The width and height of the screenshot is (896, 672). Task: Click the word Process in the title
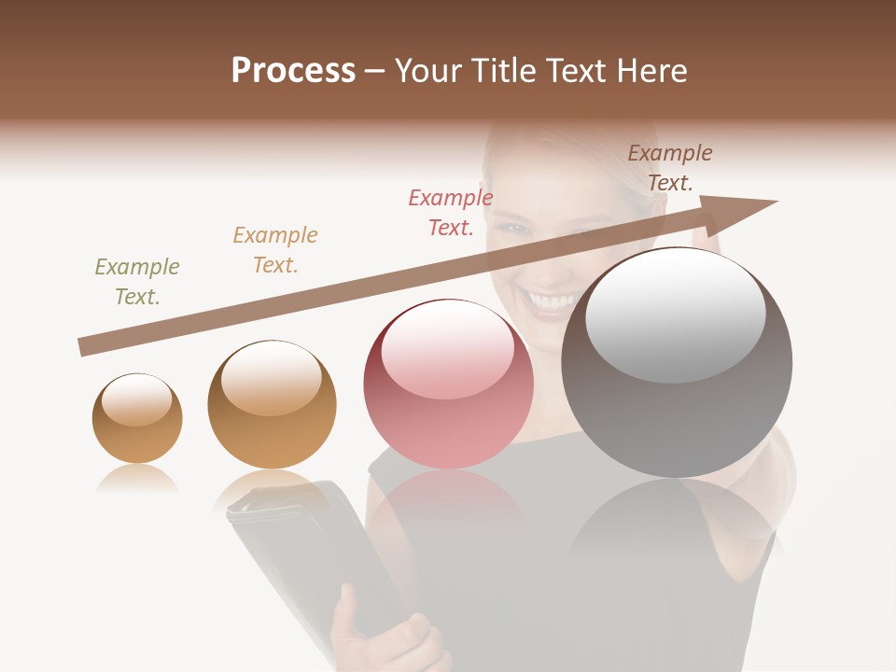(293, 71)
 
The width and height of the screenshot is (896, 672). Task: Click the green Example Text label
(136, 282)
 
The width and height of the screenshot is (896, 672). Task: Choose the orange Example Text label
(275, 250)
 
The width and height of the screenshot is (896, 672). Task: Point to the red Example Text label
(451, 213)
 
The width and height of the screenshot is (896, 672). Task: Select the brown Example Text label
(670, 168)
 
